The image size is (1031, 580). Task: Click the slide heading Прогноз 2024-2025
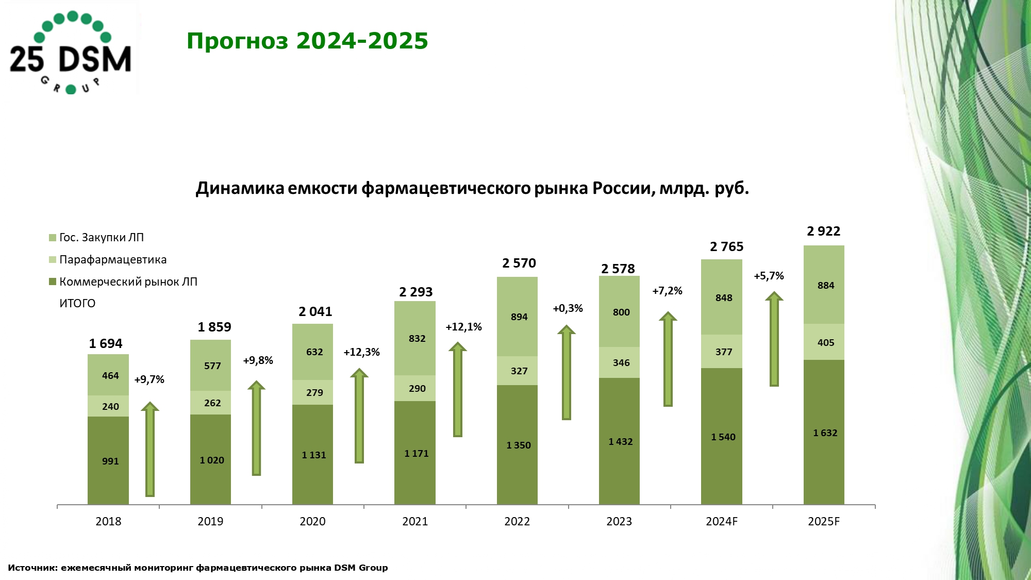coord(307,41)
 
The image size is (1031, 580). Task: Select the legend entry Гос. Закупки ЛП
coord(101,238)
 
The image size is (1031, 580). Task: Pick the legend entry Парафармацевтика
coord(112,260)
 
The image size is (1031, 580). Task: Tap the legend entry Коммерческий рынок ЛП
coord(128,282)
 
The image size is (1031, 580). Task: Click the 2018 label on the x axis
coord(108,522)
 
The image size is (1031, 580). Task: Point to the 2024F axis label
coord(721,522)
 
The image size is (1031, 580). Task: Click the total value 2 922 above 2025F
coord(823,231)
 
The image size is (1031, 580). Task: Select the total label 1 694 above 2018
coord(106,344)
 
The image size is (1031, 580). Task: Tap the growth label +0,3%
coord(568,309)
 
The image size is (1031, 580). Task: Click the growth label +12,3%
coord(361,353)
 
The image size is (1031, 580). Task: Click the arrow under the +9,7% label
coord(150,450)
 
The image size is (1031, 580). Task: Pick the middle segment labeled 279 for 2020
coord(312,393)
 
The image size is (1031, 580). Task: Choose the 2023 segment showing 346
coord(619,363)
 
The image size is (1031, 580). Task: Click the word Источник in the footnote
coord(32,568)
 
